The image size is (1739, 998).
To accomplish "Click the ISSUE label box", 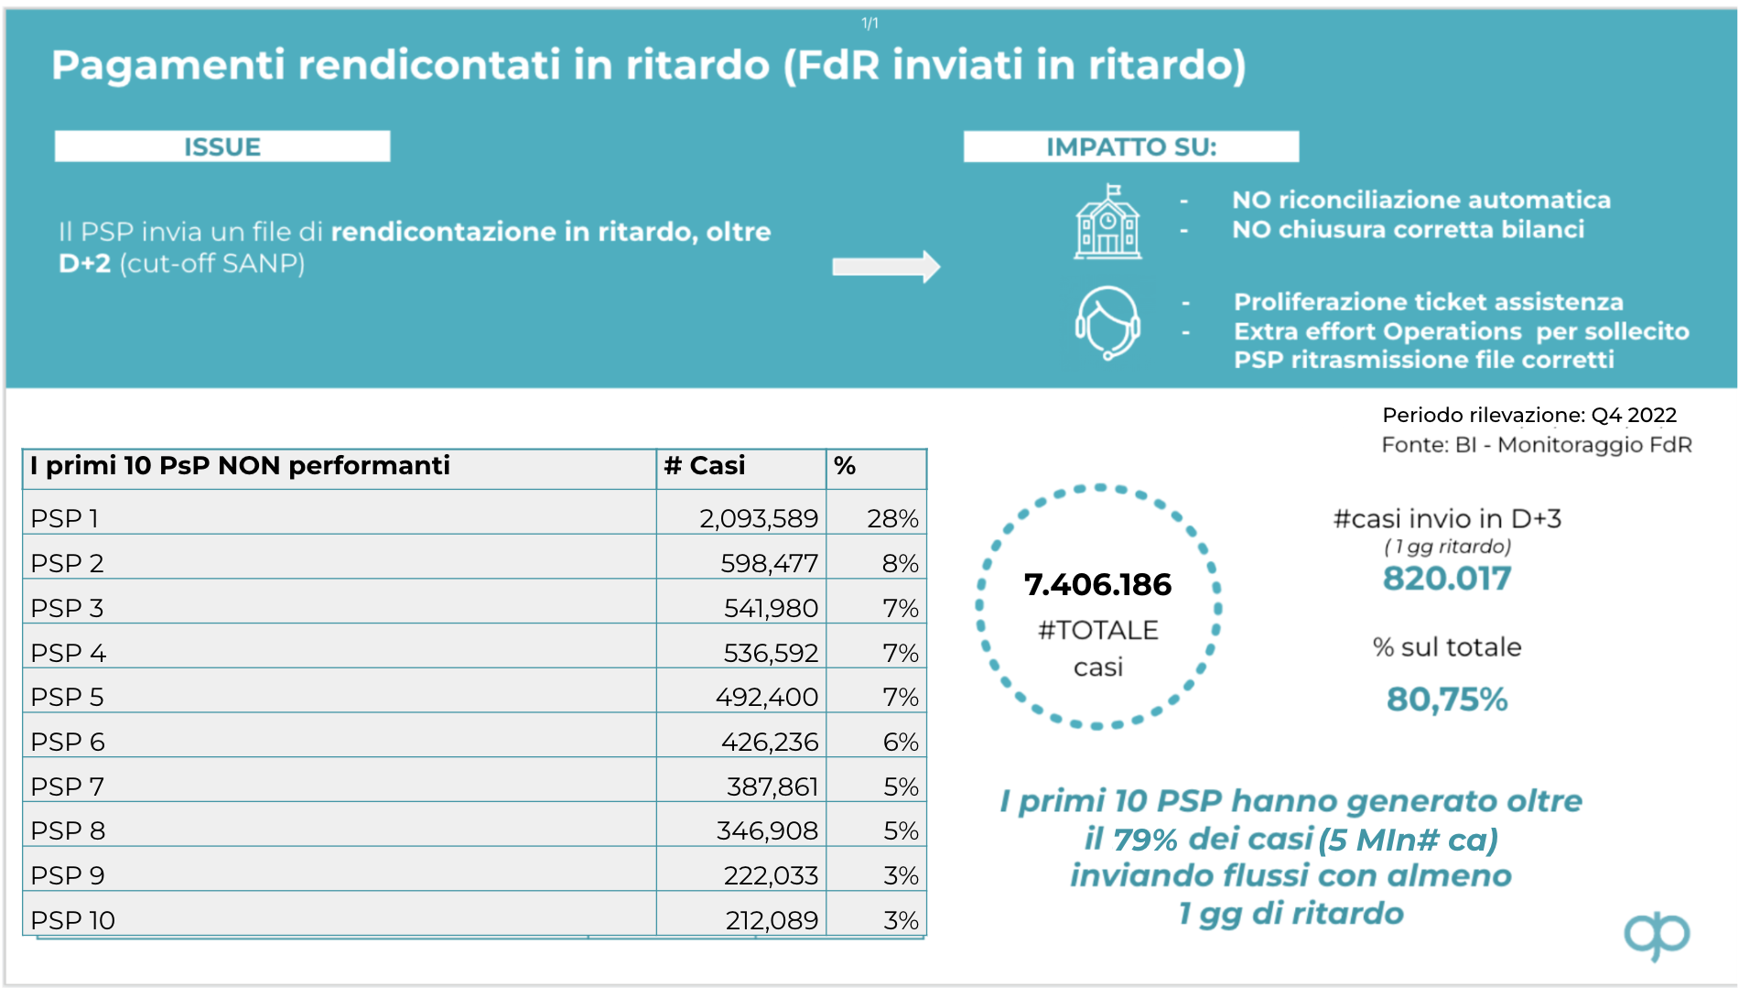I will coord(222,146).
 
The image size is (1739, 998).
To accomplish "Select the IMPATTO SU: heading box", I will coord(1130,146).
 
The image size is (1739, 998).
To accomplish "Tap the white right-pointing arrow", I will coord(885,266).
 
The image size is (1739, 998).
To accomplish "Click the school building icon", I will coord(1107,222).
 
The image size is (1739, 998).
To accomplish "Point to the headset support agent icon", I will coord(1107,323).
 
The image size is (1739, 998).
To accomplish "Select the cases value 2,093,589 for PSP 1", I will coord(759,518).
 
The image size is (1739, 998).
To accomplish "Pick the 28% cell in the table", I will coord(892,518).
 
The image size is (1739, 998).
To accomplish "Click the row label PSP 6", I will coord(68,742).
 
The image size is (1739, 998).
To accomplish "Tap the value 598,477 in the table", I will coord(769,563).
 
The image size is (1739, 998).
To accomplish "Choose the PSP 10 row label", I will coord(73,920).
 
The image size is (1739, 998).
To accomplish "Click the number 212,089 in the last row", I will coord(772,920).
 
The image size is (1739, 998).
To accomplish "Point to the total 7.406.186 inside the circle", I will coord(1097,584).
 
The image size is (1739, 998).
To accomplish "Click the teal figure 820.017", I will coord(1446,579).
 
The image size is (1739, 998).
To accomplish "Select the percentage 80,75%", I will coord(1446,700).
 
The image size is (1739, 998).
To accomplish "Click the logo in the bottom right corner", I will coord(1657,936).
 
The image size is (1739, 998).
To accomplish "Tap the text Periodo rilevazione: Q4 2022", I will coord(1528,415).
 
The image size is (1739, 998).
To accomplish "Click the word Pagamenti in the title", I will coord(167,66).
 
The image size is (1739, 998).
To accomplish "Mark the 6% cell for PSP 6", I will coord(901,742).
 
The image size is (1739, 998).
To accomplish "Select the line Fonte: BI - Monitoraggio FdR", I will coord(1536,445).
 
